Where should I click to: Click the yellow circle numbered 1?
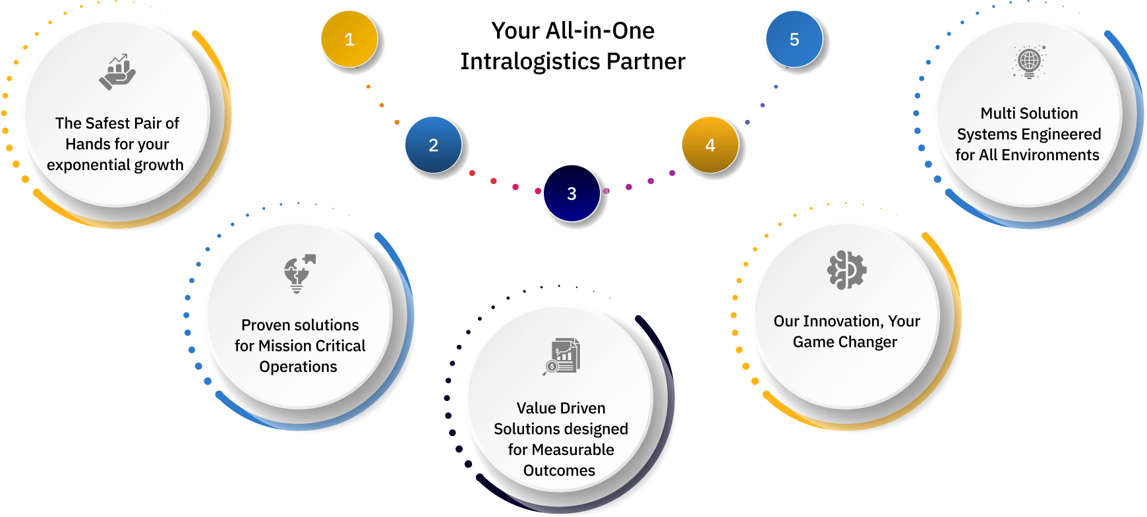coord(349,40)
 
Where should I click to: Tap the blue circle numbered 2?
coord(433,145)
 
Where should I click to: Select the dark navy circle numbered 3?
coord(572,193)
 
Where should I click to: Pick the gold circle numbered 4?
coord(710,145)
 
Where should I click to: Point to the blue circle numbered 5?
coord(794,40)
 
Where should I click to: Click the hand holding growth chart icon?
coord(117,72)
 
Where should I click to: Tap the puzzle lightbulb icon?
coord(299,273)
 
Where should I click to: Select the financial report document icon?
coord(562,357)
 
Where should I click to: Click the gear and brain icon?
coord(846,270)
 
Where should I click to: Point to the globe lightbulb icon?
coord(1029,63)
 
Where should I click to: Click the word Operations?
coord(298,367)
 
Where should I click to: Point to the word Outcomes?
coord(559,470)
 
